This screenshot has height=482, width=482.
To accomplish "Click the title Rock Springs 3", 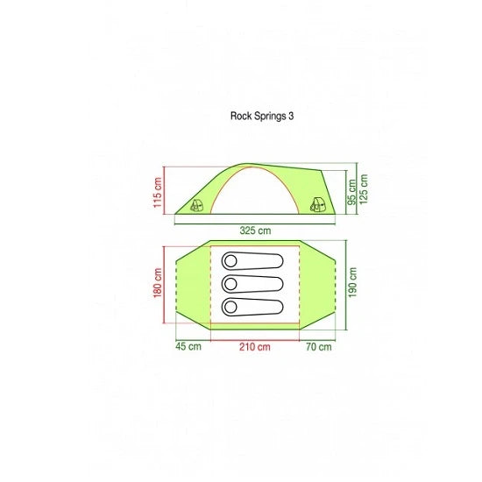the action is [x=262, y=117].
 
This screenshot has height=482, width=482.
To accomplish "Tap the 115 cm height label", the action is [x=158, y=192].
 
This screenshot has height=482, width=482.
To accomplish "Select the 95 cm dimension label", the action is [x=351, y=192].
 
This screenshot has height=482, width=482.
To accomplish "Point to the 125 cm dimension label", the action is [x=364, y=189].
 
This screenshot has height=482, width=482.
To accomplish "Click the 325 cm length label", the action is [x=255, y=230].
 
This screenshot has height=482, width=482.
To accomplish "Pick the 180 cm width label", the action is [x=158, y=283].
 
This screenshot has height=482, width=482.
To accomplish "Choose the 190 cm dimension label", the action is [x=352, y=282].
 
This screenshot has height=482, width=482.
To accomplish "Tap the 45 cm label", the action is [x=188, y=346].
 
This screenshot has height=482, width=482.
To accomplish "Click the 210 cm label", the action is [x=255, y=347].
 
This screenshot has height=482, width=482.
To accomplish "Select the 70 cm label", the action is [x=319, y=347].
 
